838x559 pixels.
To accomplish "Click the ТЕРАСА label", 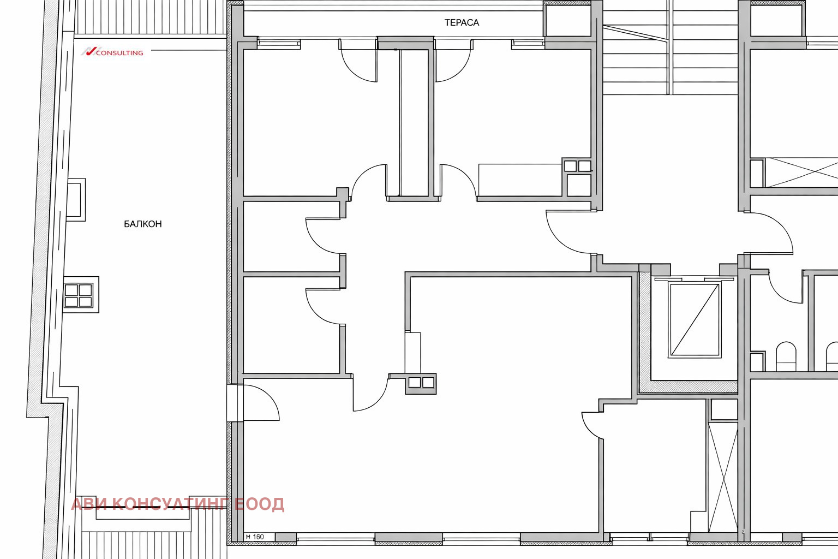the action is (462, 22).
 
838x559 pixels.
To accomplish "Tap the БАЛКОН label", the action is (143, 224).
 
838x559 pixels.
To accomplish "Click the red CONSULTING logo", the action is (112, 52).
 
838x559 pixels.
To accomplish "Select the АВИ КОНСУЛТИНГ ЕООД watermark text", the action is (178, 504).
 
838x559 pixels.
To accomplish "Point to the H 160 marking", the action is (255, 537).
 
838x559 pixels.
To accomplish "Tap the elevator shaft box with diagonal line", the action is (695, 319).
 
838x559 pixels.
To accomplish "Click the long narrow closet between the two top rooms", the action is (414, 122).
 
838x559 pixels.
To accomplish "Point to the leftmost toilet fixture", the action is (786, 356).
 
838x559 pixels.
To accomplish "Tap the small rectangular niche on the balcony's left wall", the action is (76, 200).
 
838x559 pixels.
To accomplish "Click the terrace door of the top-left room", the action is (358, 60).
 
